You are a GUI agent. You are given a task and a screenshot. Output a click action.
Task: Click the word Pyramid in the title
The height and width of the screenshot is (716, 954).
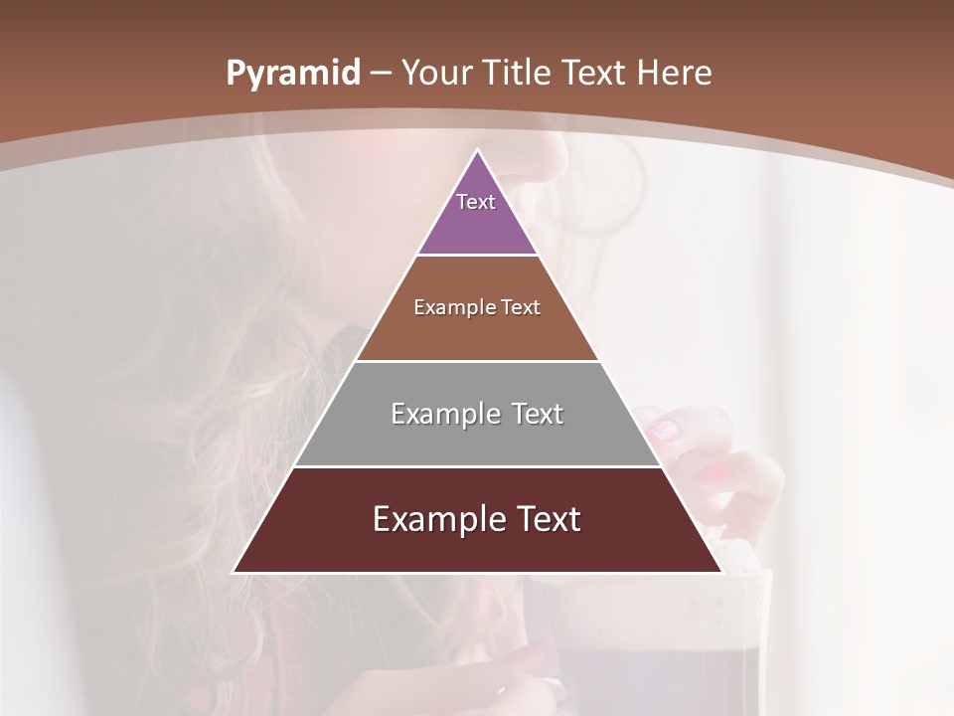coord(293,74)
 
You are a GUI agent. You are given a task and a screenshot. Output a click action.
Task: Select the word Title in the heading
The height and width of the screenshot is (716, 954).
coord(520,74)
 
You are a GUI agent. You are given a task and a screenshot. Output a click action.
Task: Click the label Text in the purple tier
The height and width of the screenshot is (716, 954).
coord(476,202)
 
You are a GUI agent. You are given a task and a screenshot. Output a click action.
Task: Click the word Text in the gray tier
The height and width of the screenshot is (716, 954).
coord(538,414)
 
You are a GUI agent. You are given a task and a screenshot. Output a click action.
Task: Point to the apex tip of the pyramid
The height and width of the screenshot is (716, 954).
coord(478,151)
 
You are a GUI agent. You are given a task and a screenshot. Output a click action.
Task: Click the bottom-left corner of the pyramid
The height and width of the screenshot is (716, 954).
coord(235,572)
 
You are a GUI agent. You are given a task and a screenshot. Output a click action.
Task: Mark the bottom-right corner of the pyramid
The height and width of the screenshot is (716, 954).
coord(720,572)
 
